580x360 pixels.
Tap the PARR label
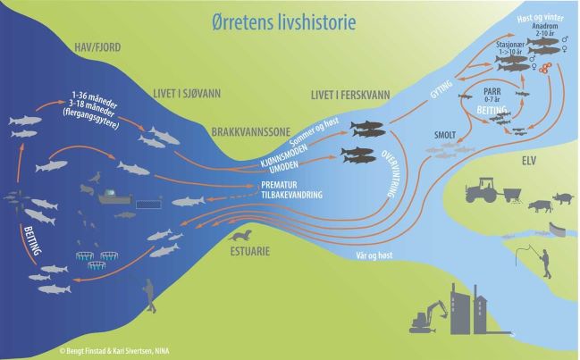point(493,92)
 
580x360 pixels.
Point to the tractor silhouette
point(484,188)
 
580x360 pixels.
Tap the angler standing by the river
point(543,258)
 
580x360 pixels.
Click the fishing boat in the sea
point(115,193)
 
